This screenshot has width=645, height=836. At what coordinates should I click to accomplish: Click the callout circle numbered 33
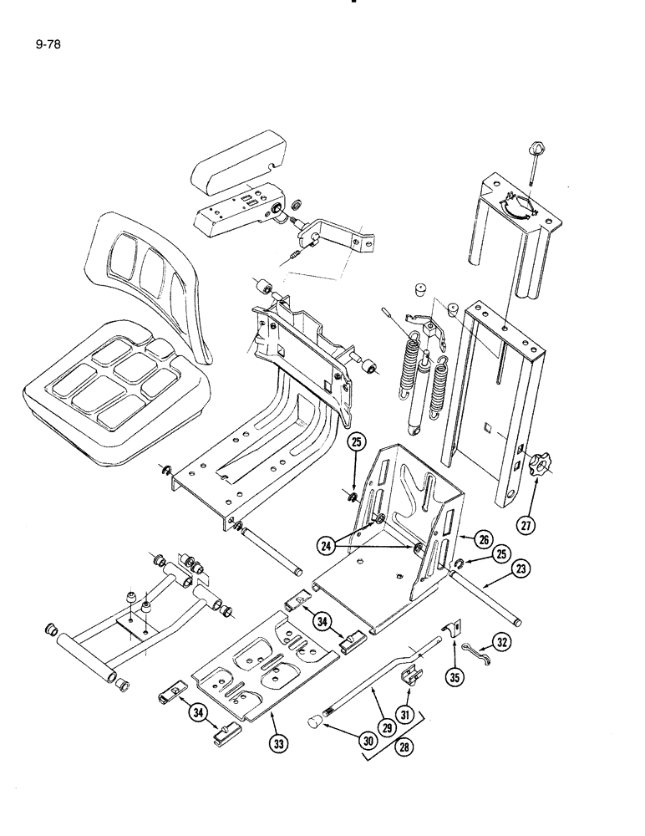(x=277, y=742)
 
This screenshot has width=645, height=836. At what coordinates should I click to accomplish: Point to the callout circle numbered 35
(x=455, y=677)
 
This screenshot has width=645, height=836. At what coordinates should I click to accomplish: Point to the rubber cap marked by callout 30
(x=317, y=721)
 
